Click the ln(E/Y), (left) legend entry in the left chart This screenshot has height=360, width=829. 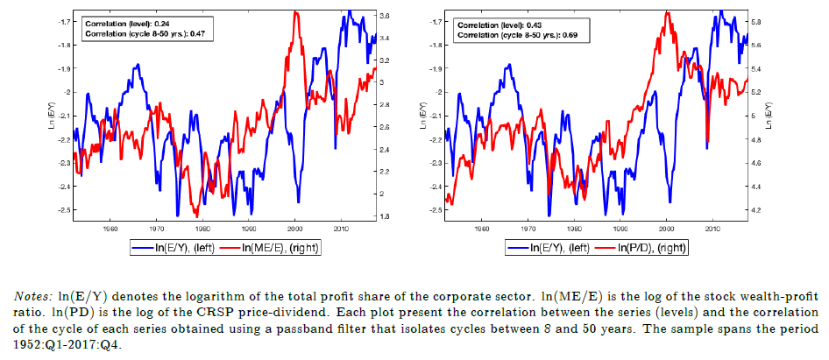pyautogui.click(x=180, y=248)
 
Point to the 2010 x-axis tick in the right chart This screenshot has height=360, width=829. pyautogui.click(x=713, y=228)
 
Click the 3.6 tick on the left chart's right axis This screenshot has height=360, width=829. pyautogui.click(x=384, y=17)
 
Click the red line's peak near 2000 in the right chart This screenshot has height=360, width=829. pyautogui.click(x=668, y=11)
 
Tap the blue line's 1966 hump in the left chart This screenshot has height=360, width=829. pyautogui.click(x=138, y=65)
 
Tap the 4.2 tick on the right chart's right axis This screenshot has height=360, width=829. pyautogui.click(x=759, y=210)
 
